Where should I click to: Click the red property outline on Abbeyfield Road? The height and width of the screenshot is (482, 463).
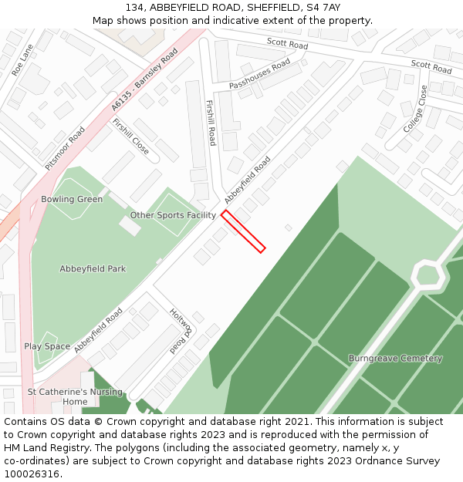[243, 231]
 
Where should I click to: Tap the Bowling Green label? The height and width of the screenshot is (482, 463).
[72, 199]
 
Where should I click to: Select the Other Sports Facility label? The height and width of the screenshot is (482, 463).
[173, 215]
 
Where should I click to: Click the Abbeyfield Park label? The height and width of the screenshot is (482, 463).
[93, 269]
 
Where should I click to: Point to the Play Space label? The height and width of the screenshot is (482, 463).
[47, 346]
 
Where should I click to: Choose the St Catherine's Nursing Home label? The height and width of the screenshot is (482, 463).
[75, 396]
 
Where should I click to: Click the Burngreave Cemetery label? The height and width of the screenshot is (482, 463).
[395, 358]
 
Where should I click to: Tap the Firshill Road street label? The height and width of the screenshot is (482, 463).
[210, 122]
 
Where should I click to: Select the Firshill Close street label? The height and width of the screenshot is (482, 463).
[130, 137]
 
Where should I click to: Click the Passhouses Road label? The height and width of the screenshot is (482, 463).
[259, 74]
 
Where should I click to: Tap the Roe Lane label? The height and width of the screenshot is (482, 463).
[22, 59]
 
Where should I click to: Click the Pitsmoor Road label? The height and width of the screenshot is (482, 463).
[64, 148]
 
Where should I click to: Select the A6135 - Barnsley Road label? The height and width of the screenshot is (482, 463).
[144, 79]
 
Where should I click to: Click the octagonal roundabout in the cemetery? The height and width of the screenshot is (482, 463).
[426, 274]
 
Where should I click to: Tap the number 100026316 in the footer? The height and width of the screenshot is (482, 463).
[32, 474]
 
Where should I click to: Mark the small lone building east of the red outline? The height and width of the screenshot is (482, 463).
[288, 228]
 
